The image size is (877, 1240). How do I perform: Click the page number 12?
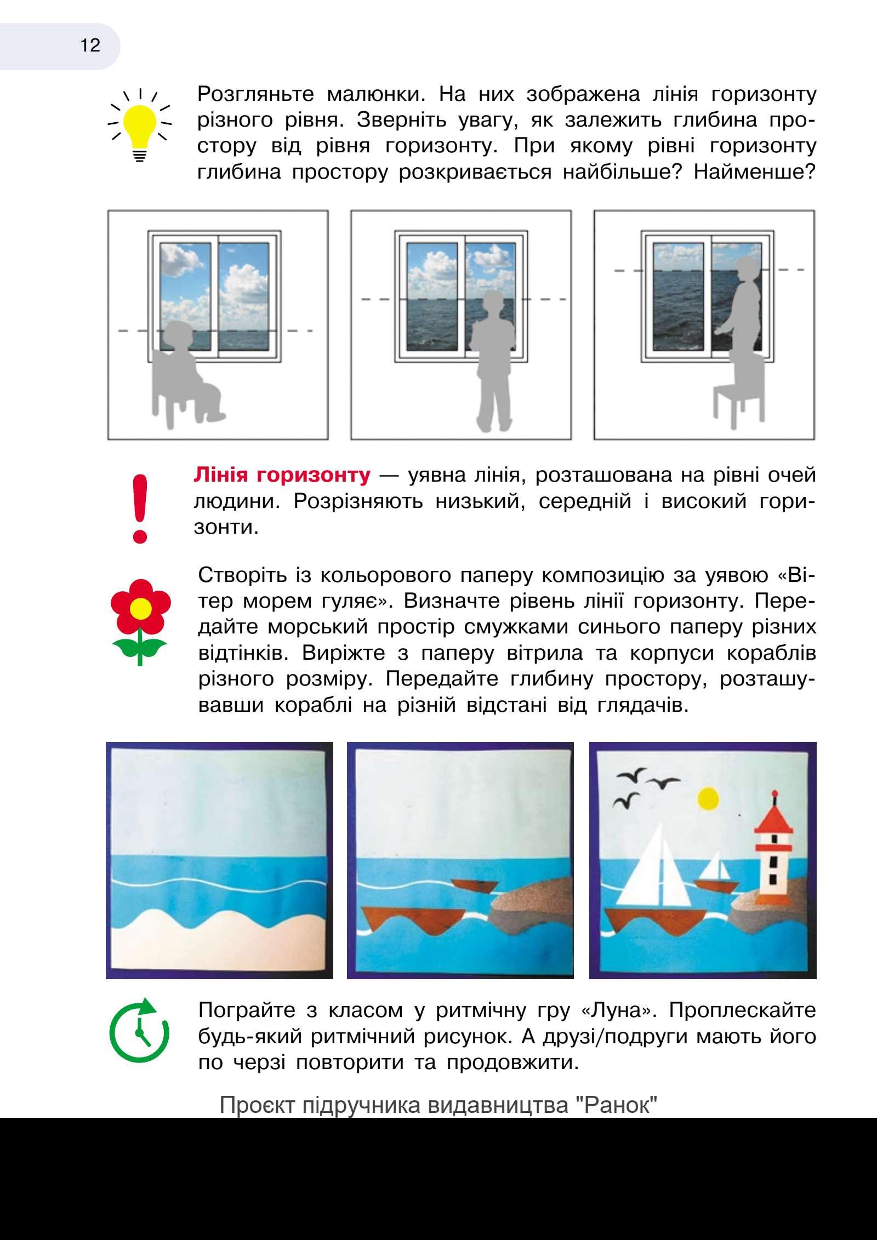(x=90, y=45)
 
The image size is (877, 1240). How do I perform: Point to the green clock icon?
(x=140, y=1033)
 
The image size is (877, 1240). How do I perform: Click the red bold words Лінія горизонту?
(x=282, y=475)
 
